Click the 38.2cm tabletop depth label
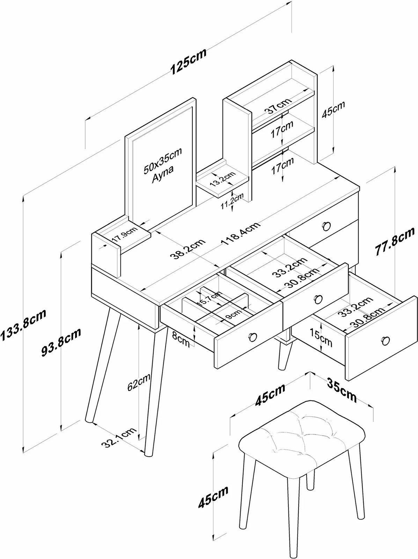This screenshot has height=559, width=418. click(x=188, y=250)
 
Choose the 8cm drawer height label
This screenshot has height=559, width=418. click(x=181, y=339)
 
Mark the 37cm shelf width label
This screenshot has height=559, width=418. click(x=278, y=106)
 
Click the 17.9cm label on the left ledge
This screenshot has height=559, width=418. click(x=125, y=235)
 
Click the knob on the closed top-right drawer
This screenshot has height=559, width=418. click(x=327, y=226)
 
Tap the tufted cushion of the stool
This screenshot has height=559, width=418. click(x=302, y=434)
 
